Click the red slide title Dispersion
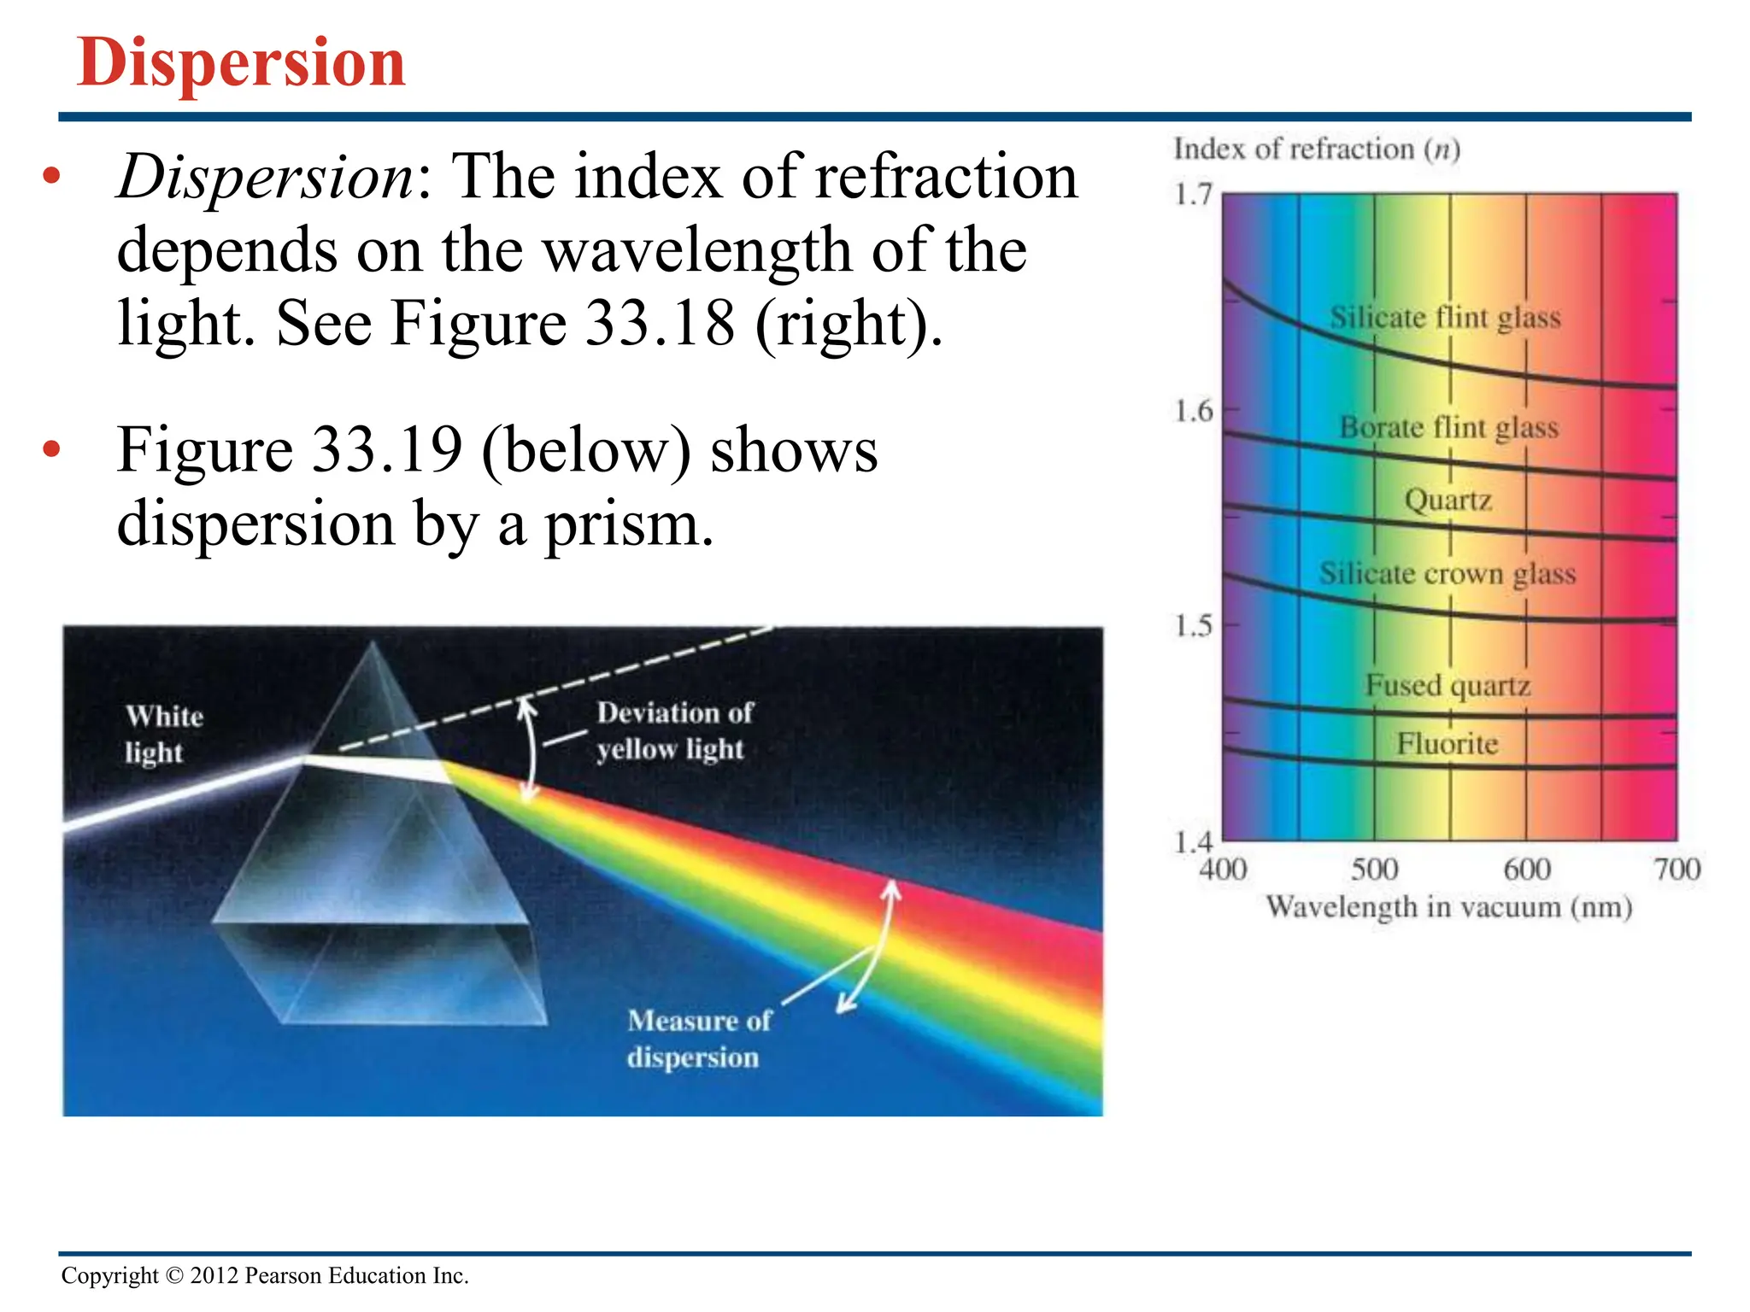pyautogui.click(x=241, y=62)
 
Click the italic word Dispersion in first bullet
pyautogui.click(x=266, y=177)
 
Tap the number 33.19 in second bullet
pyautogui.click(x=387, y=450)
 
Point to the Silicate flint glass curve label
pyautogui.click(x=1445, y=318)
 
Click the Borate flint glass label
pyautogui.click(x=1448, y=427)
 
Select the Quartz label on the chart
pyautogui.click(x=1448, y=500)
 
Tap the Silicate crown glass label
pyautogui.click(x=1447, y=573)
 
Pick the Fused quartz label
pyautogui.click(x=1448, y=686)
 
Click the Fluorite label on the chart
pyautogui.click(x=1448, y=744)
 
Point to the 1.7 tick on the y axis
pyautogui.click(x=1194, y=195)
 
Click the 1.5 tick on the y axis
pyautogui.click(x=1194, y=626)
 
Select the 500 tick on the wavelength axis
pyautogui.click(x=1374, y=870)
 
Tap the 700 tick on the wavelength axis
pyautogui.click(x=1677, y=870)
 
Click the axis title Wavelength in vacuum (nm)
pyautogui.click(x=1448, y=907)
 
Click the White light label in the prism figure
pyautogui.click(x=164, y=734)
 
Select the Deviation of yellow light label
pyautogui.click(x=674, y=731)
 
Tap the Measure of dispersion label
pyautogui.click(x=698, y=1039)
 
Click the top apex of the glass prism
pyautogui.click(x=373, y=646)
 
